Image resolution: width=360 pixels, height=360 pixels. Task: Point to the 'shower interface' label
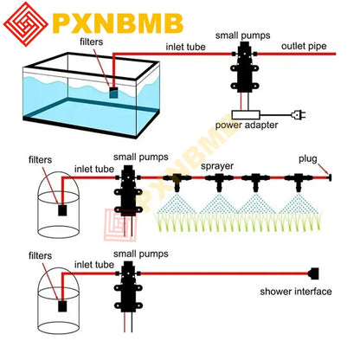click(295, 292)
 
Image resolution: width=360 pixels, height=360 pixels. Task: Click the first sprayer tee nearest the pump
click(177, 180)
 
